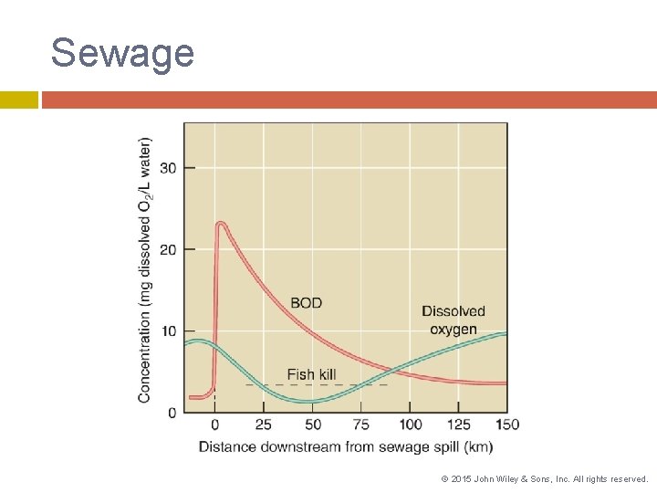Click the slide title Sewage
[122, 53]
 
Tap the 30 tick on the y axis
[168, 168]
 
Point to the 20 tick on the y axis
[168, 249]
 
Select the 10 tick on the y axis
[168, 330]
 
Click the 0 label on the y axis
[172, 413]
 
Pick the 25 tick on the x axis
[263, 425]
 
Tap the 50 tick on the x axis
[312, 425]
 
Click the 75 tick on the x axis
[360, 425]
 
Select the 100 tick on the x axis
[410, 425]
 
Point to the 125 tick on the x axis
[459, 425]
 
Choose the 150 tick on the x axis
[507, 425]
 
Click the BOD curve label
[306, 303]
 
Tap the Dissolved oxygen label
[454, 320]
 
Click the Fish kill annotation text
[311, 374]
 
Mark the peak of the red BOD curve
[221, 223]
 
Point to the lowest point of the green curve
[310, 402]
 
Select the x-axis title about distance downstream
[346, 446]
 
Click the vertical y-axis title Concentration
[146, 269]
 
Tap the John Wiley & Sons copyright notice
[544, 478]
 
